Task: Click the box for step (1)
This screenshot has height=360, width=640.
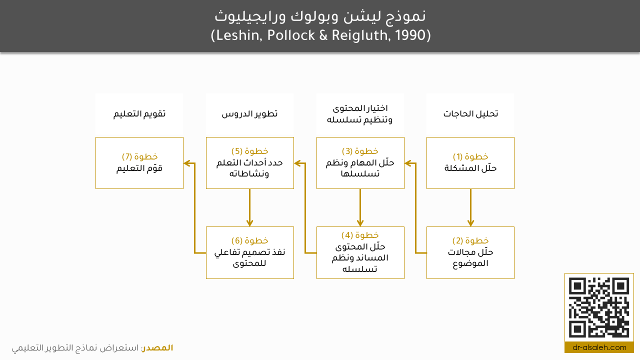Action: click(x=470, y=163)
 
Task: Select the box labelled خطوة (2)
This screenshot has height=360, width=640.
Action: click(x=470, y=252)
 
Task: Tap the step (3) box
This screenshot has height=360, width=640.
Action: click(x=360, y=163)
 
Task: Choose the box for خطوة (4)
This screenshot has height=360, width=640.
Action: click(x=360, y=252)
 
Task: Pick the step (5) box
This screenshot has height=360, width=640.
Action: click(x=249, y=163)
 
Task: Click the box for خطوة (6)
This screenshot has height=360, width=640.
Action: click(x=249, y=252)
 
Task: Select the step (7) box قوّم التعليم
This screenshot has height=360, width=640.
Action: click(x=139, y=163)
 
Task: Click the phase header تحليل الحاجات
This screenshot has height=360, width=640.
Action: click(x=470, y=113)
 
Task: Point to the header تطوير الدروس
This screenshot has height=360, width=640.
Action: click(x=249, y=113)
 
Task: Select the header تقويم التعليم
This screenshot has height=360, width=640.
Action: click(x=139, y=113)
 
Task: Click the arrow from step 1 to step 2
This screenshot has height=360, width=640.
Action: click(x=470, y=207)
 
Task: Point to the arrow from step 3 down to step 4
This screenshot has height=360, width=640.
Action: click(x=360, y=207)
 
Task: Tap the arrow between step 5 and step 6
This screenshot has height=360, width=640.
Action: click(x=249, y=207)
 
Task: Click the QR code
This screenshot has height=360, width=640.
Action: click(x=599, y=307)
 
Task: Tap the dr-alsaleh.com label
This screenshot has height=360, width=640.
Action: click(x=599, y=347)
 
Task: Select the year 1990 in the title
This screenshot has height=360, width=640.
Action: click(x=410, y=35)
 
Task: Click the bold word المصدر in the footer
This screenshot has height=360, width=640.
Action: click(x=157, y=347)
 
